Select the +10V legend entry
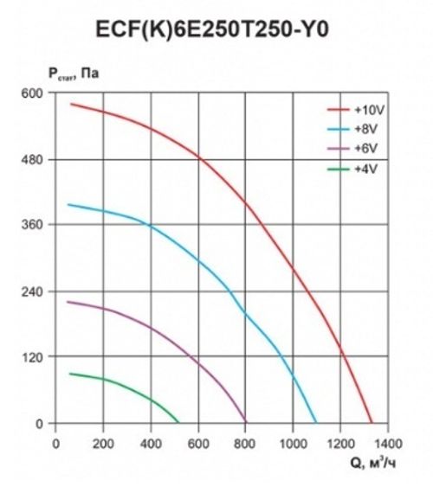tap(365, 110)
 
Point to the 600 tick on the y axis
tap(33, 93)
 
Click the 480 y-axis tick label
tap(33, 159)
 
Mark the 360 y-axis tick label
tap(33, 225)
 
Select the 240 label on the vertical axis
tap(33, 291)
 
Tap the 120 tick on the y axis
tap(33, 357)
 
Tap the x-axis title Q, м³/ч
tap(373, 464)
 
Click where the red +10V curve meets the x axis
tap(372, 423)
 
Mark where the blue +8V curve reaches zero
tap(317, 423)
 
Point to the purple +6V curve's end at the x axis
tap(247, 423)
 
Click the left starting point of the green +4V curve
tap(69, 374)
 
